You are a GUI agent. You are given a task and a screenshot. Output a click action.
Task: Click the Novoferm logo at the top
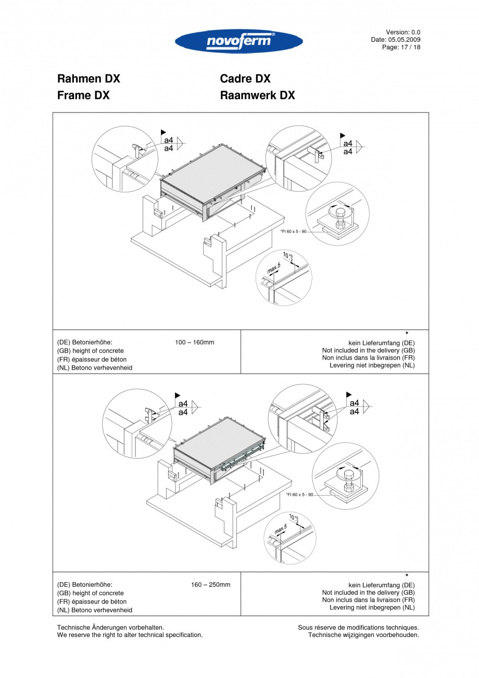[x=239, y=42]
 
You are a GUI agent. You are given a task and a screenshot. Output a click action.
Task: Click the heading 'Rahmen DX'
[x=89, y=79]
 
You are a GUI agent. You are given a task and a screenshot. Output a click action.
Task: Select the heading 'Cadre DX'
[x=245, y=79]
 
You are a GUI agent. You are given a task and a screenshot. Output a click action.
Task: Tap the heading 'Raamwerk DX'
[x=257, y=95]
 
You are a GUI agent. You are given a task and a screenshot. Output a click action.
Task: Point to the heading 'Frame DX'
[x=83, y=95]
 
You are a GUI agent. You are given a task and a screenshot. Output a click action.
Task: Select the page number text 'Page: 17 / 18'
[x=401, y=47]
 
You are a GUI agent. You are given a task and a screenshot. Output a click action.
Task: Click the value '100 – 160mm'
[x=195, y=342]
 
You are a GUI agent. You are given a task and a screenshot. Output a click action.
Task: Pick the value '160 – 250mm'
[x=210, y=585]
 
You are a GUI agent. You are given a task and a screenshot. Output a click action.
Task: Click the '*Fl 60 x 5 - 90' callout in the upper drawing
[x=294, y=231]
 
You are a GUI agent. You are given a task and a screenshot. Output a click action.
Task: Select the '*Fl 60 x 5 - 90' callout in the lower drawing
[x=300, y=495]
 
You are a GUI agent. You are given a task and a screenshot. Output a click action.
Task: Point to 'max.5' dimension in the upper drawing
[x=274, y=269]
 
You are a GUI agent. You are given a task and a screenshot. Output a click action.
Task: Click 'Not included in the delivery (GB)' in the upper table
[x=368, y=351]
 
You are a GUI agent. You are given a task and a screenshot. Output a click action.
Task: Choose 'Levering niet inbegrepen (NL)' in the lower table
[x=372, y=608]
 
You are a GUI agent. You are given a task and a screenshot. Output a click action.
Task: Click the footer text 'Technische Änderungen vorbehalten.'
[x=110, y=627]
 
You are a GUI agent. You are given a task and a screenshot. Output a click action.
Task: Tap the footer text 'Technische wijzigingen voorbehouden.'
[x=363, y=635]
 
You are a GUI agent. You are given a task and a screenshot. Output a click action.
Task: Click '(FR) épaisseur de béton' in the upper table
[x=92, y=360]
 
